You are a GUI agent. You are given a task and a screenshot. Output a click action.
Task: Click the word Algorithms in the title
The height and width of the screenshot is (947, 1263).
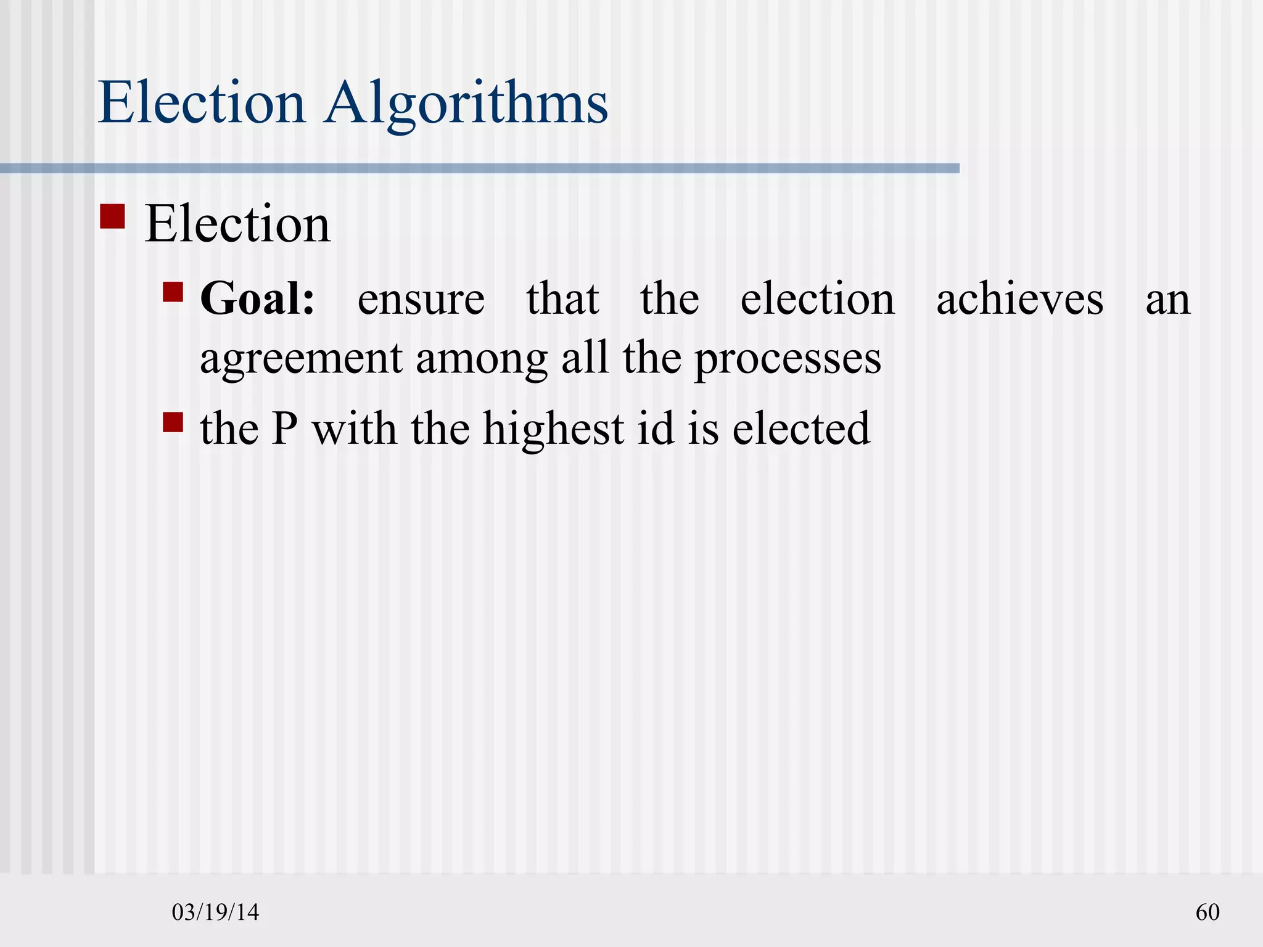[x=467, y=104]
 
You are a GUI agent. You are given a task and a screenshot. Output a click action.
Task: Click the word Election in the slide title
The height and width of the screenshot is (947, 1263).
[x=202, y=102]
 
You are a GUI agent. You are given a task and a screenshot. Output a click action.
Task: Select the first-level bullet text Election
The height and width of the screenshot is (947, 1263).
[x=237, y=224]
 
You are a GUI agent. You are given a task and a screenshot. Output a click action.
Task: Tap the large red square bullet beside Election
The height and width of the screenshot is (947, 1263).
[x=112, y=216]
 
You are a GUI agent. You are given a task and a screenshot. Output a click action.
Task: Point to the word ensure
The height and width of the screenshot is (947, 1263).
[x=421, y=300]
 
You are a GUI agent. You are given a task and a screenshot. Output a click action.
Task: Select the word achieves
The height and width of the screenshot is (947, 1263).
[x=1019, y=299]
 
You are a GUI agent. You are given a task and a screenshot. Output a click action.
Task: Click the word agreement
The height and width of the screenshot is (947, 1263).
[x=301, y=359]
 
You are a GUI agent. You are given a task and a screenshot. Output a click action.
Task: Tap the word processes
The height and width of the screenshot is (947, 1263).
[x=788, y=359]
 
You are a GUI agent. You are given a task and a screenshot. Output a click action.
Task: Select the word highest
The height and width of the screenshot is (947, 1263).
[x=553, y=428]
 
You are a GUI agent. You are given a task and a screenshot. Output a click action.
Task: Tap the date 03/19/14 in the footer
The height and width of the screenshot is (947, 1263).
[x=215, y=912]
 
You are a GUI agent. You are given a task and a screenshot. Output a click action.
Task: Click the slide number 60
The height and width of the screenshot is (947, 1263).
[x=1207, y=912]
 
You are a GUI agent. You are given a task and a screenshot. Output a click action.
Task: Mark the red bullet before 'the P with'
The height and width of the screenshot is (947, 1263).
[x=173, y=422]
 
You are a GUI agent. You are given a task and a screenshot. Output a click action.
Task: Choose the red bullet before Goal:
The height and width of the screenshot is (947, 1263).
[x=173, y=292]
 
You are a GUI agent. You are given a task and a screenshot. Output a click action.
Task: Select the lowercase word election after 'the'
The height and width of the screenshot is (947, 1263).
[x=817, y=299]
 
